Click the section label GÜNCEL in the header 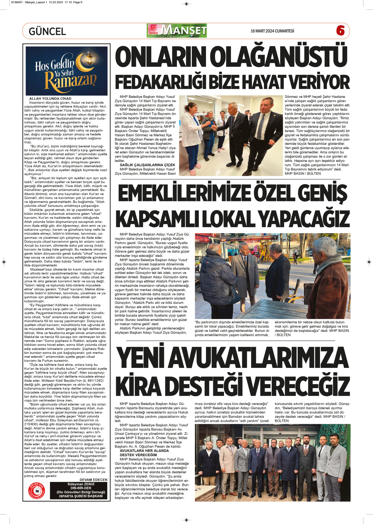47,31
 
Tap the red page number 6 340,31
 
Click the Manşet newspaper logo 177,31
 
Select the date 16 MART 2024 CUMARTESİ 272,31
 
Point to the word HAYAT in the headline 269,82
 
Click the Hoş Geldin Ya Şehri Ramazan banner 67,71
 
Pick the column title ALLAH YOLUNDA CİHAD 50,98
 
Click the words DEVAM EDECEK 93,480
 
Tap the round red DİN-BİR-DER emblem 37,490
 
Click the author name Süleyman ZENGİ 81,484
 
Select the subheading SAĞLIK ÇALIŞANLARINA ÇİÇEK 147,165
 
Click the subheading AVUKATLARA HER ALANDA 144,451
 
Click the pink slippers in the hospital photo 193,172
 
